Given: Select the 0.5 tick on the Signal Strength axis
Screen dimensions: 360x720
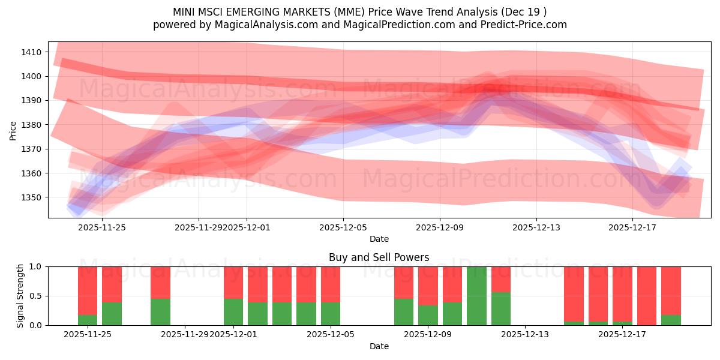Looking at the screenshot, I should [36, 296].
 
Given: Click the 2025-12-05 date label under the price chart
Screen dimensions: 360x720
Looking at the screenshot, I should [343, 227].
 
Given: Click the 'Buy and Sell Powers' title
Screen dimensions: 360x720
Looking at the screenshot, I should [379, 257].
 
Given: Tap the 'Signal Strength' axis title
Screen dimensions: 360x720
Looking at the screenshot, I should [20, 296].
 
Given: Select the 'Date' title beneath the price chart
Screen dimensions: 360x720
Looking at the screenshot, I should [379, 239].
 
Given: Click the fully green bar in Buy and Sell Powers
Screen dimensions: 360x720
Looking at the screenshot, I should [476, 296].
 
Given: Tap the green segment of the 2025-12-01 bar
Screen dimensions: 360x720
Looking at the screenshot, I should [233, 312].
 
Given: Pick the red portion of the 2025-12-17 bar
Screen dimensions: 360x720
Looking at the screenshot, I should [622, 294].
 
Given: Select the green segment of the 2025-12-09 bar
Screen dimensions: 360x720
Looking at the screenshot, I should [428, 316].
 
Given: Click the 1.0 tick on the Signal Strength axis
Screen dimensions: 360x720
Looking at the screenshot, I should [36, 266].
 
